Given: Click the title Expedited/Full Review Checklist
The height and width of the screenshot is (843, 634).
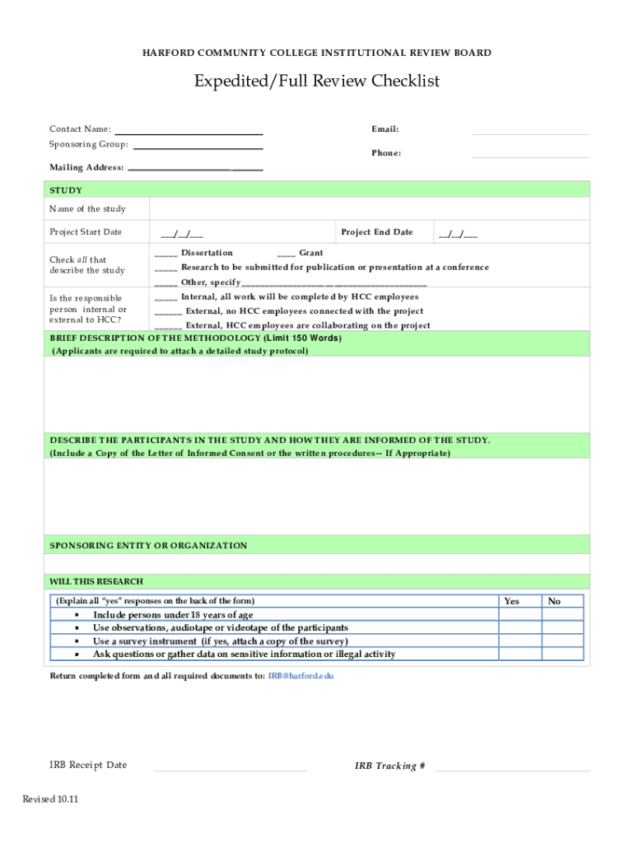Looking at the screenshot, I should click(317, 81).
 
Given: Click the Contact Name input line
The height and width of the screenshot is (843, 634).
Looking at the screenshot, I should click(189, 130).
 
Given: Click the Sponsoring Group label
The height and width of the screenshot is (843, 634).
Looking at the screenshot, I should click(89, 145).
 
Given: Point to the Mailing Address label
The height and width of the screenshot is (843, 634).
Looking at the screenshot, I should click(86, 168).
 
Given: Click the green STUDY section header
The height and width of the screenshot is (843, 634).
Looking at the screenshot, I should click(317, 190).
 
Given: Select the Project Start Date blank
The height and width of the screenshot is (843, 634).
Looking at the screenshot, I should click(183, 233).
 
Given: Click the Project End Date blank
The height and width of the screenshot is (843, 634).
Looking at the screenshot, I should click(458, 233).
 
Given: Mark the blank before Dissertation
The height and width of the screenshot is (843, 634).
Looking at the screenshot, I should click(165, 254).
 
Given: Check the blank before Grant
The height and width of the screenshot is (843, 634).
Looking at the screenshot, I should click(286, 254).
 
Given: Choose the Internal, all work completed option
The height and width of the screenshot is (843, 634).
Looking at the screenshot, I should click(165, 297).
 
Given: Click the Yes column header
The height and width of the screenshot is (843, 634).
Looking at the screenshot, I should click(511, 601).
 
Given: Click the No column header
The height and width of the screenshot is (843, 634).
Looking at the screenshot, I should click(554, 601).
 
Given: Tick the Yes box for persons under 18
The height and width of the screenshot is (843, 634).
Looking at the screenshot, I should click(520, 615).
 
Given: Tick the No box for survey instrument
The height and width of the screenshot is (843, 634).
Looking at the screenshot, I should click(562, 641).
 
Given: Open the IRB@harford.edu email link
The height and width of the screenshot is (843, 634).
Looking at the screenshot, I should click(301, 676).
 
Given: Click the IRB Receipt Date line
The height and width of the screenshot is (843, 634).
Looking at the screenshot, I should click(230, 766).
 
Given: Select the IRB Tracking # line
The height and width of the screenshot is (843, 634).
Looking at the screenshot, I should click(511, 766).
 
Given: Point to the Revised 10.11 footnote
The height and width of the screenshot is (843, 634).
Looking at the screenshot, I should click(50, 799).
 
